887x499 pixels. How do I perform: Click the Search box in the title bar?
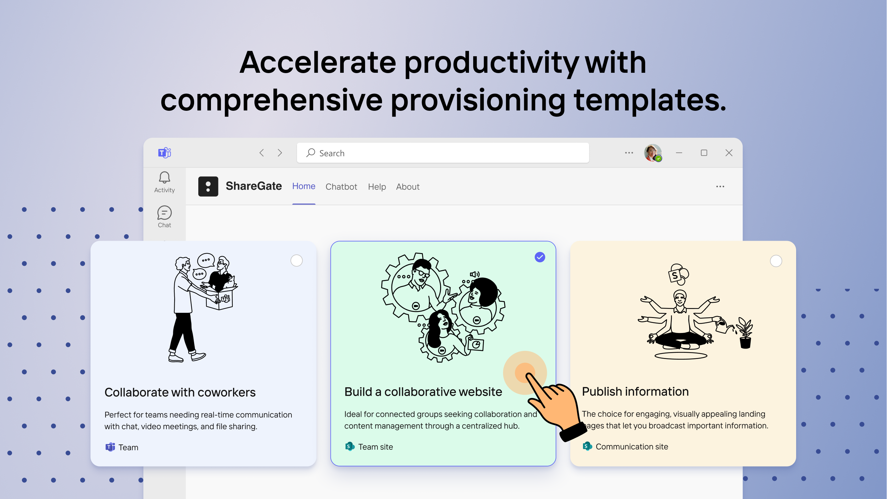pos(443,153)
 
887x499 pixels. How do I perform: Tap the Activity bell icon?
pos(164,178)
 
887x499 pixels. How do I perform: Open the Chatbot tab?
pos(341,186)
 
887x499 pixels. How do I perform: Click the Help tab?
pos(377,186)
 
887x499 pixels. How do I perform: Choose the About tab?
pos(408,186)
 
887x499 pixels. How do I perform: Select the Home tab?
pos(304,186)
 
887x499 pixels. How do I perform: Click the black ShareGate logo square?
pos(208,186)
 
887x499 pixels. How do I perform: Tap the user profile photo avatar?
pos(652,153)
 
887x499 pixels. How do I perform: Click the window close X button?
pos(729,153)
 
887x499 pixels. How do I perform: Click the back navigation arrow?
pos(262,153)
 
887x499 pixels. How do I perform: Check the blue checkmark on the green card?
pos(540,257)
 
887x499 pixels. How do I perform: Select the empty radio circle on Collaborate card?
pos(296,261)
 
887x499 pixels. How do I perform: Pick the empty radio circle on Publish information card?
pos(776,261)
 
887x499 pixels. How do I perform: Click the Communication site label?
pos(632,447)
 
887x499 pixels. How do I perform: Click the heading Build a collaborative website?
pos(423,392)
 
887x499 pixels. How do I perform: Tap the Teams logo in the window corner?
pos(165,153)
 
